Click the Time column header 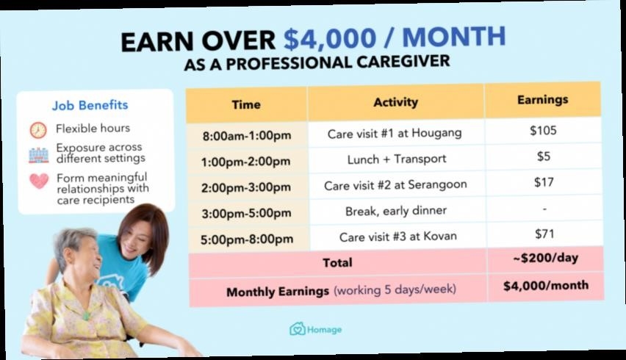pyautogui.click(x=246, y=104)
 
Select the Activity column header pyautogui.click(x=395, y=102)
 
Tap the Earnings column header pyautogui.click(x=542, y=99)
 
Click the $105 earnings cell pyautogui.click(x=543, y=131)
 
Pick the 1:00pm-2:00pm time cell pyautogui.click(x=246, y=162)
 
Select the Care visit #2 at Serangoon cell pyautogui.click(x=395, y=185)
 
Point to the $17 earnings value pyautogui.click(x=544, y=182)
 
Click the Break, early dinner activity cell pyautogui.click(x=396, y=210)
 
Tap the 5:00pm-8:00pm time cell pyautogui.click(x=247, y=240)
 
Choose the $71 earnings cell pyautogui.click(x=544, y=234)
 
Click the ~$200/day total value pyautogui.click(x=545, y=258)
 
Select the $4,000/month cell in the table pyautogui.click(x=546, y=286)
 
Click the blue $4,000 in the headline pyautogui.click(x=330, y=39)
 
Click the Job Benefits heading pyautogui.click(x=90, y=105)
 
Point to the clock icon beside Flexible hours pyautogui.click(x=38, y=130)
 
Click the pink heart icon pyautogui.click(x=39, y=181)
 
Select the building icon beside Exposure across pyautogui.click(x=38, y=155)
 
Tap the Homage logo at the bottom pyautogui.click(x=315, y=329)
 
